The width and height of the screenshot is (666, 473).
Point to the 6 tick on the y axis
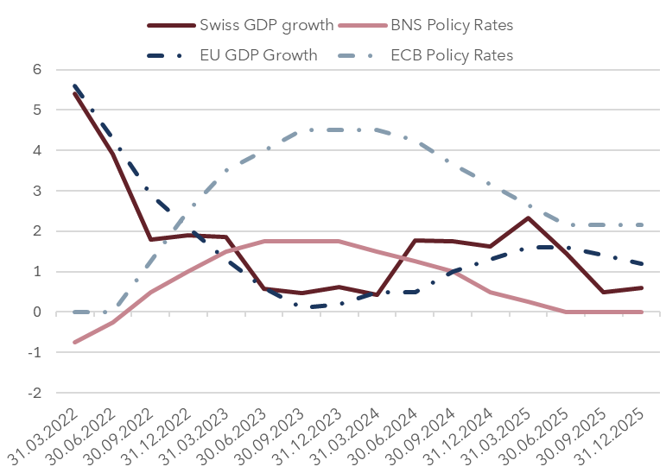pyautogui.click(x=37, y=70)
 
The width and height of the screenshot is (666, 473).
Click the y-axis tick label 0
pyautogui.click(x=37, y=312)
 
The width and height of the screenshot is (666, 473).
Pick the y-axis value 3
pyautogui.click(x=37, y=191)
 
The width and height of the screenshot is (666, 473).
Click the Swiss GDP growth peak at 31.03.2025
pyautogui.click(x=529, y=218)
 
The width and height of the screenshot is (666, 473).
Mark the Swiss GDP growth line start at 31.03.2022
pyautogui.click(x=74, y=93)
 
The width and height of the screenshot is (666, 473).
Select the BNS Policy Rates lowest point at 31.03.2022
pyautogui.click(x=74, y=343)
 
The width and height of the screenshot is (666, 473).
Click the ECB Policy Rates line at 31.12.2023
pyautogui.click(x=339, y=129)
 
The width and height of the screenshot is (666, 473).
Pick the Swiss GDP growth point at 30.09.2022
pyautogui.click(x=149, y=239)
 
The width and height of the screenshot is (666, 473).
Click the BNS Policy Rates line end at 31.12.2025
pyautogui.click(x=642, y=312)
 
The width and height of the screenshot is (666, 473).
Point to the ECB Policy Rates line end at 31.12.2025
pyautogui.click(x=642, y=224)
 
